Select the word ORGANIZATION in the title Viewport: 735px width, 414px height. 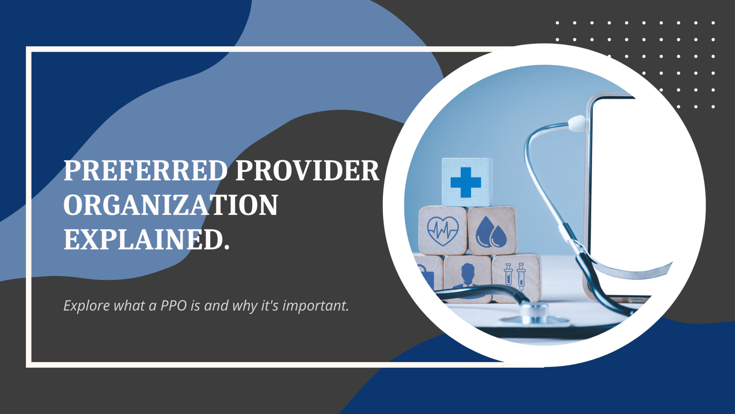point(170,205)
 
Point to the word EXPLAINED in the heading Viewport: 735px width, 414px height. point(144,240)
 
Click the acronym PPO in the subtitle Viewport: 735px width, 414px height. point(174,306)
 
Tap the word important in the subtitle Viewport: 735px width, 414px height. point(315,306)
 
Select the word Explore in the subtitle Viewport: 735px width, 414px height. point(86,306)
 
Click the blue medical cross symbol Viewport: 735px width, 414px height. point(465,183)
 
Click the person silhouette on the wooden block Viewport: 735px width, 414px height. point(467,276)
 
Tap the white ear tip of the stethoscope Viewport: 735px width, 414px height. point(576,122)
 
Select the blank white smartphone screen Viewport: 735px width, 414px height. point(632,187)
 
